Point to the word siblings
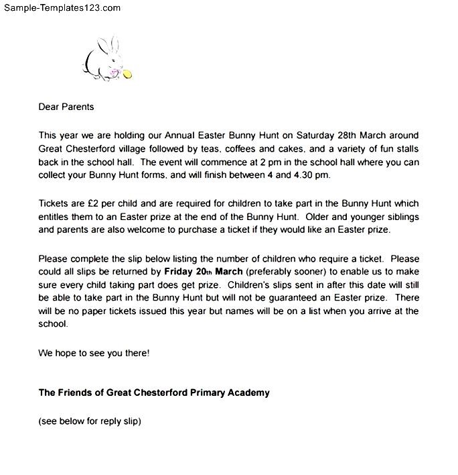click(404, 216)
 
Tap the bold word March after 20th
click(229, 272)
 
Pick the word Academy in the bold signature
click(246, 392)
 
